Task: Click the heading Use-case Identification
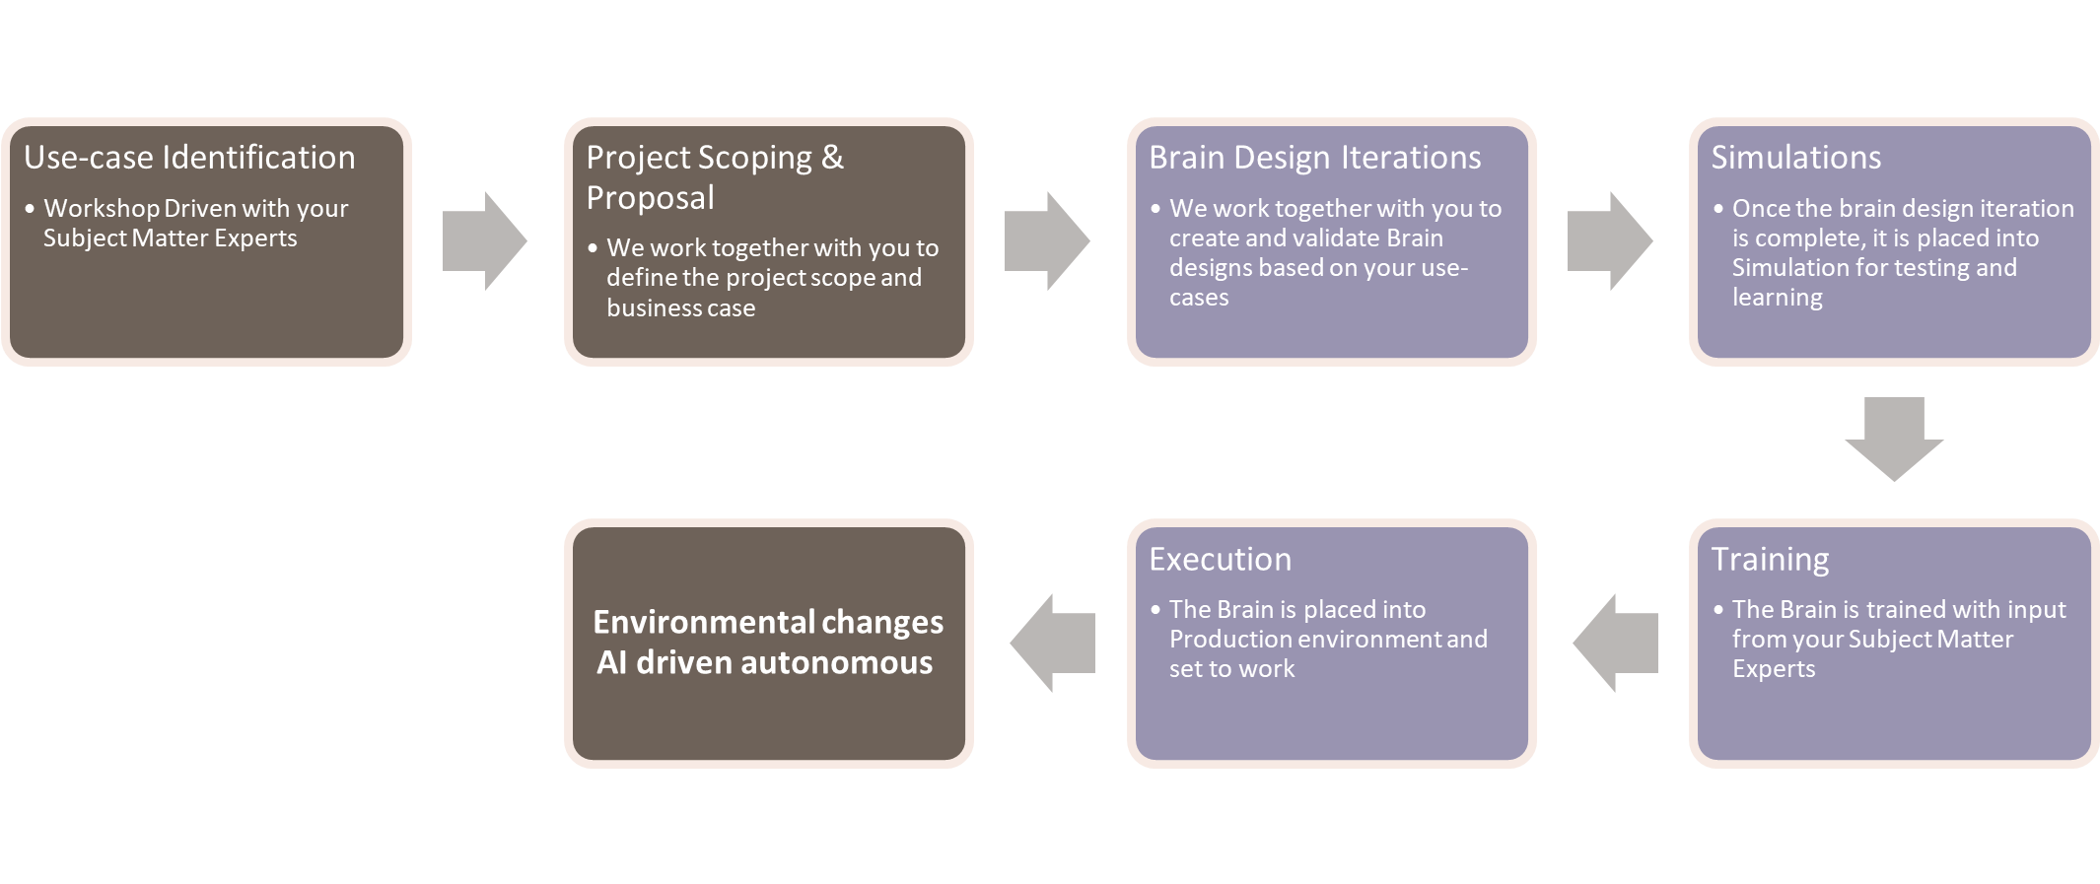pyautogui.click(x=189, y=158)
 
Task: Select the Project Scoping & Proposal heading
pyautogui.click(x=714, y=177)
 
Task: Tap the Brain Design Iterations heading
pyautogui.click(x=1314, y=158)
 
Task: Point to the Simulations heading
pyautogui.click(x=1795, y=158)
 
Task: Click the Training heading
pyautogui.click(x=1770, y=559)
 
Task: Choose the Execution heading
pyautogui.click(x=1220, y=559)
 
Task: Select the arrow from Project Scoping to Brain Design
pyautogui.click(x=1046, y=240)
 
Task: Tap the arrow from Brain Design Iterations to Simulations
pyautogui.click(x=1609, y=240)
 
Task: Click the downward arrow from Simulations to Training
pyautogui.click(x=1894, y=438)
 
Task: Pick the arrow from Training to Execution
pyautogui.click(x=1616, y=643)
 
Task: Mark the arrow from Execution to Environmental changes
pyautogui.click(x=1053, y=643)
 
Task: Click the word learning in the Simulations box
pyautogui.click(x=1777, y=298)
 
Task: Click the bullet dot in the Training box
pyautogui.click(x=1718, y=609)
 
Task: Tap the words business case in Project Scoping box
pyautogui.click(x=680, y=308)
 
